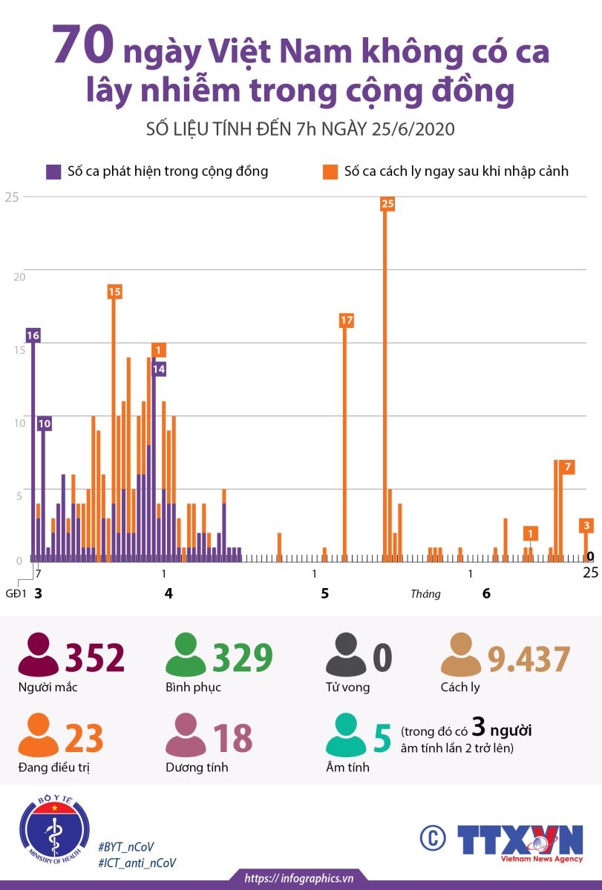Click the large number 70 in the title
pyautogui.click(x=83, y=44)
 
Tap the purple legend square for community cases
pyautogui.click(x=53, y=172)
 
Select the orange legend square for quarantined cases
pyautogui.click(x=330, y=172)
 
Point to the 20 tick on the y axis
pyautogui.click(x=19, y=277)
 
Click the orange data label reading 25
pyautogui.click(x=387, y=204)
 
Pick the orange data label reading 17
pyautogui.click(x=347, y=320)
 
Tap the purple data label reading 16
pyautogui.click(x=33, y=336)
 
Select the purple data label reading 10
pyautogui.click(x=45, y=424)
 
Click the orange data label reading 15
pyautogui.click(x=114, y=292)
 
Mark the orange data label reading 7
pyautogui.click(x=568, y=467)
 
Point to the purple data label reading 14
pyautogui.click(x=159, y=369)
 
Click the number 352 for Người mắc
pyautogui.click(x=94, y=659)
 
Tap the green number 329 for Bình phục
pyautogui.click(x=243, y=659)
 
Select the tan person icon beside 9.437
pyautogui.click(x=461, y=654)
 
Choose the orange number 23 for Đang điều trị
pyautogui.click(x=84, y=738)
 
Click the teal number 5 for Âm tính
pyautogui.click(x=382, y=738)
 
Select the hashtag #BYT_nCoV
pyautogui.click(x=126, y=847)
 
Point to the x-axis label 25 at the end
pyautogui.click(x=590, y=573)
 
